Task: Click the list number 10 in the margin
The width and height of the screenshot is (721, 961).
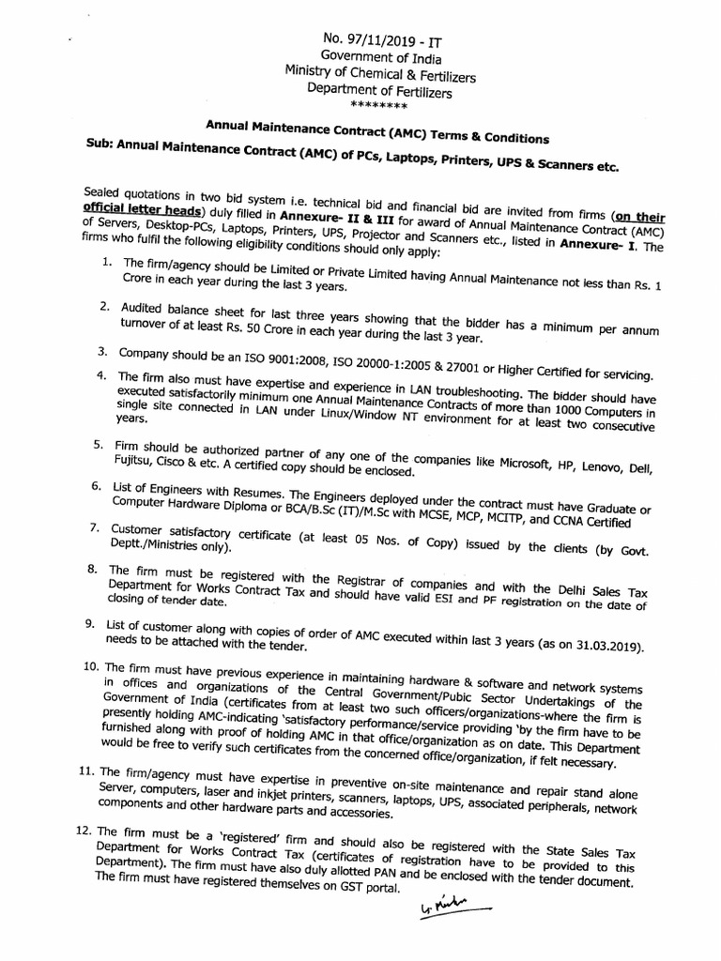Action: coord(90,665)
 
